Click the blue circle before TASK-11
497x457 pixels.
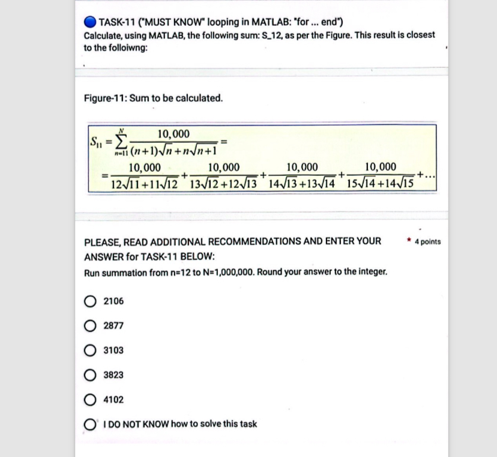click(90, 23)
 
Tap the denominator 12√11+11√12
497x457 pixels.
click(145, 183)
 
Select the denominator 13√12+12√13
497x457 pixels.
click(223, 183)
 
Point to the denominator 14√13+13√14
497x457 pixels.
click(301, 183)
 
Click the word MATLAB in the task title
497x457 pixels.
click(262, 23)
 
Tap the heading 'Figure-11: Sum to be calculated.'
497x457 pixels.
click(153, 97)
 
